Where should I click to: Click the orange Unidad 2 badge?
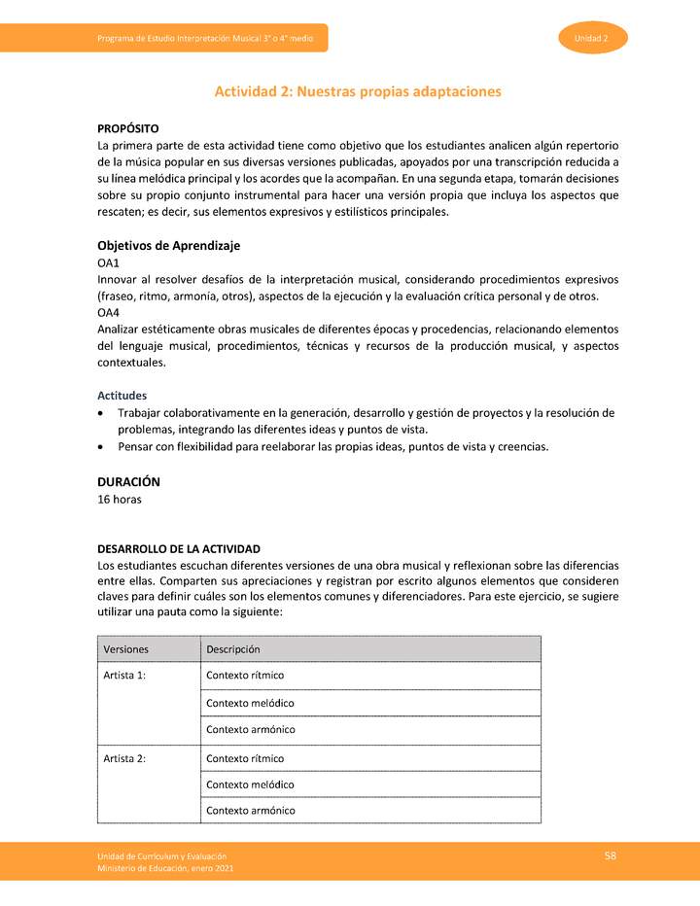592,38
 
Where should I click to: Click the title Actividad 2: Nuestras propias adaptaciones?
357,91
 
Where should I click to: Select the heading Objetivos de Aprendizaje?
168,245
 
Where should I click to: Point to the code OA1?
108,263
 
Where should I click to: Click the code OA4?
108,313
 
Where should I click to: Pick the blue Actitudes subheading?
122,396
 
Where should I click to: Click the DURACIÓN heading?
128,481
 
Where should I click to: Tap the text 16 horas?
120,500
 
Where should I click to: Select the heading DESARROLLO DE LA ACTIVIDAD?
178,549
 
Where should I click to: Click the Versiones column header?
125,649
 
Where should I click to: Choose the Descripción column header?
232,649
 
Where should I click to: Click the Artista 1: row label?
124,676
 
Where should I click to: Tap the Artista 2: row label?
124,758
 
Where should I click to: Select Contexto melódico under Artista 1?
250,703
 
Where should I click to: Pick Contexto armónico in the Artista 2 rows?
250,811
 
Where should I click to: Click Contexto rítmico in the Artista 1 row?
245,676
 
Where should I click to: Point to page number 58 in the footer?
611,855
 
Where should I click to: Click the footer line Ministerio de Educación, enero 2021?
164,867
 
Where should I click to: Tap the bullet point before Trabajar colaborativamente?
102,413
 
